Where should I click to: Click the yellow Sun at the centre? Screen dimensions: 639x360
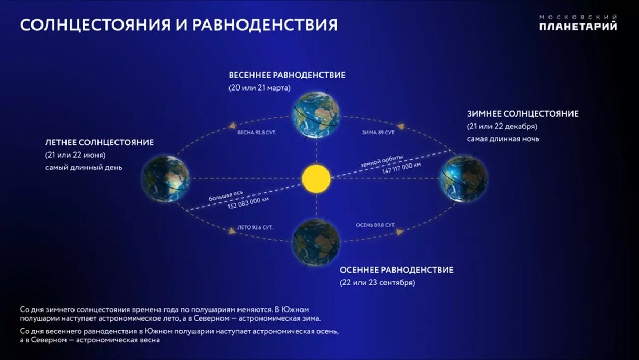click(x=316, y=178)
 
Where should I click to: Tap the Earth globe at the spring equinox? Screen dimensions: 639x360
click(x=316, y=114)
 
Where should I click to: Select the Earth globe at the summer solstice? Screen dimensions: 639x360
click(x=165, y=178)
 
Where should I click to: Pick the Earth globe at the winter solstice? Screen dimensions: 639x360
click(x=464, y=178)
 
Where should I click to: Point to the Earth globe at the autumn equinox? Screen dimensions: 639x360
click(x=316, y=243)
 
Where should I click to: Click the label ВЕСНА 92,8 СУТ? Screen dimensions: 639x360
click(x=257, y=133)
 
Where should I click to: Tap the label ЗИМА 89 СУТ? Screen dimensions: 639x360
click(x=379, y=133)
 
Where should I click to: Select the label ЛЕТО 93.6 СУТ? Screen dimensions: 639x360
click(x=255, y=227)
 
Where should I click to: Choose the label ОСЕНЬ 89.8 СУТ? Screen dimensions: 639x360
click(x=375, y=225)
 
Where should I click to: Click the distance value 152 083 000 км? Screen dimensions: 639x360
click(x=248, y=203)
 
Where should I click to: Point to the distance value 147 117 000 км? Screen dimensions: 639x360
click(x=402, y=168)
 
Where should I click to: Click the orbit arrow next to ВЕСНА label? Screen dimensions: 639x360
click(x=233, y=126)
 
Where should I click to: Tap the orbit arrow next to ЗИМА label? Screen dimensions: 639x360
click(x=400, y=126)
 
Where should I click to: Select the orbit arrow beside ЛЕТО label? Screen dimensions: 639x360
click(x=232, y=231)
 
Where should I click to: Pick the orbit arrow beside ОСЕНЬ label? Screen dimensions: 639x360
click(x=400, y=232)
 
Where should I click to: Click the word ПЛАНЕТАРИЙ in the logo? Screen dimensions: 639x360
click(x=578, y=27)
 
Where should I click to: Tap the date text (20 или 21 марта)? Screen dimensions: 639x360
click(x=260, y=88)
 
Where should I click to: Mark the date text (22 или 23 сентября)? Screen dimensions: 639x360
click(x=378, y=283)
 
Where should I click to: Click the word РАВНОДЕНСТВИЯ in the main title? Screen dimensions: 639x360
click(x=265, y=25)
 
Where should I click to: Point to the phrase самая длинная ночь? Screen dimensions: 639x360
click(x=503, y=139)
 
